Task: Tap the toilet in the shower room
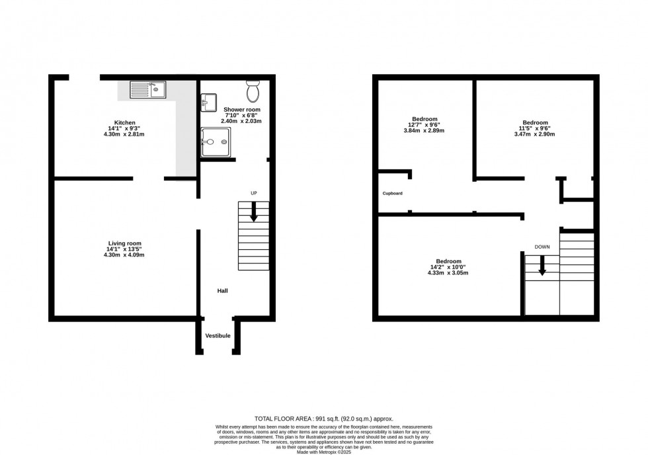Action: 253,91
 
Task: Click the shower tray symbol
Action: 216,142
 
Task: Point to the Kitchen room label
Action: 125,122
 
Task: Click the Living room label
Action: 125,243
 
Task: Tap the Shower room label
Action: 242,109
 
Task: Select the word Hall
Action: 223,290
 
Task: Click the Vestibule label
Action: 218,336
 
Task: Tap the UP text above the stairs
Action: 253,192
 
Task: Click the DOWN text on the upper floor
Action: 542,247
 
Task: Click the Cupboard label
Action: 393,193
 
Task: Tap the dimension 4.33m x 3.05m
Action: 448,273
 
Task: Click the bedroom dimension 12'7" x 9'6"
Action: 424,125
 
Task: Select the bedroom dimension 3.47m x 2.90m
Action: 535,134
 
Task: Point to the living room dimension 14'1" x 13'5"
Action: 125,249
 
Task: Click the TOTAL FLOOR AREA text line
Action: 324,419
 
